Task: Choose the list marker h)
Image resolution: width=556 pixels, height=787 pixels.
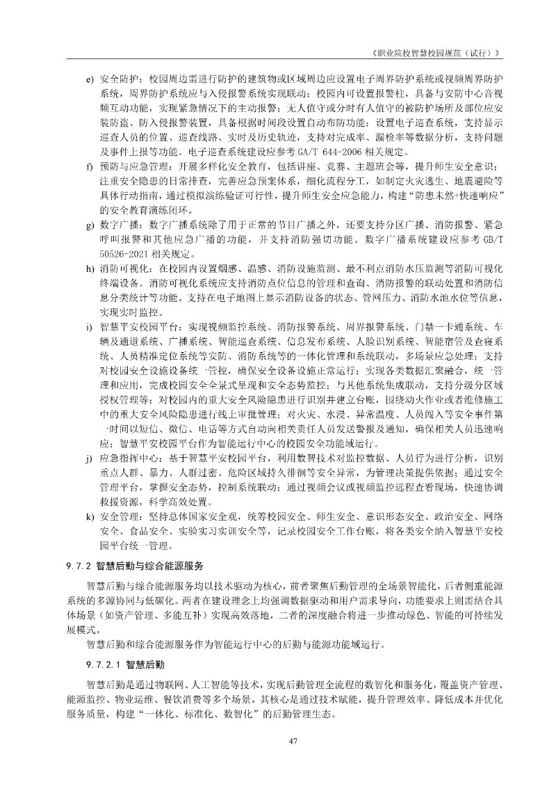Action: point(90,268)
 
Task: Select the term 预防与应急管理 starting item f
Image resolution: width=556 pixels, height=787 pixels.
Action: point(131,166)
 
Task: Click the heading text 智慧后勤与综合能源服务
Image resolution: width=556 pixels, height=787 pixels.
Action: point(149,564)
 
